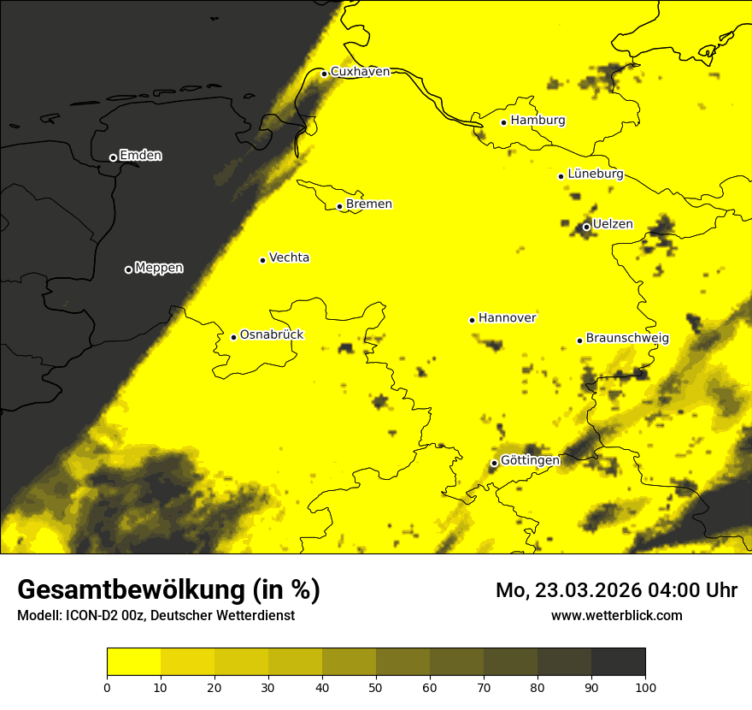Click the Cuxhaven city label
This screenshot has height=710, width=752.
[x=360, y=72]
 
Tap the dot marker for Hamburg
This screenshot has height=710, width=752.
[x=504, y=122]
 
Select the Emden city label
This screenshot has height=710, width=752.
[x=140, y=156]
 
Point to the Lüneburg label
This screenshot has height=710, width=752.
[x=595, y=175]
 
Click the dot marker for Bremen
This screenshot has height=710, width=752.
[x=340, y=206]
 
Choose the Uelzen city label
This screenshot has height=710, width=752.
[x=613, y=225]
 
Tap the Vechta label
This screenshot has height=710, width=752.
[x=289, y=258]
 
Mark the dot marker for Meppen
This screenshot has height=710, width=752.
[x=129, y=269]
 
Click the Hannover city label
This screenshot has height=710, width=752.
[x=507, y=318]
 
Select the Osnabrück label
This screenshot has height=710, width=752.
[x=272, y=335]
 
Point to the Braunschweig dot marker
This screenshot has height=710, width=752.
[x=579, y=340]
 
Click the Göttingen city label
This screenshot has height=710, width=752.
[x=530, y=460]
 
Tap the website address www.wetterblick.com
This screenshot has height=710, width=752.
[x=616, y=615]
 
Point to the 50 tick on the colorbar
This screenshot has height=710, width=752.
[x=376, y=687]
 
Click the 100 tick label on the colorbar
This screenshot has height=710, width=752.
[x=645, y=687]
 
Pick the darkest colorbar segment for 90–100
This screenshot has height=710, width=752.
[x=618, y=662]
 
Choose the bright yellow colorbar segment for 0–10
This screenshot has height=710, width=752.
[x=133, y=662]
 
